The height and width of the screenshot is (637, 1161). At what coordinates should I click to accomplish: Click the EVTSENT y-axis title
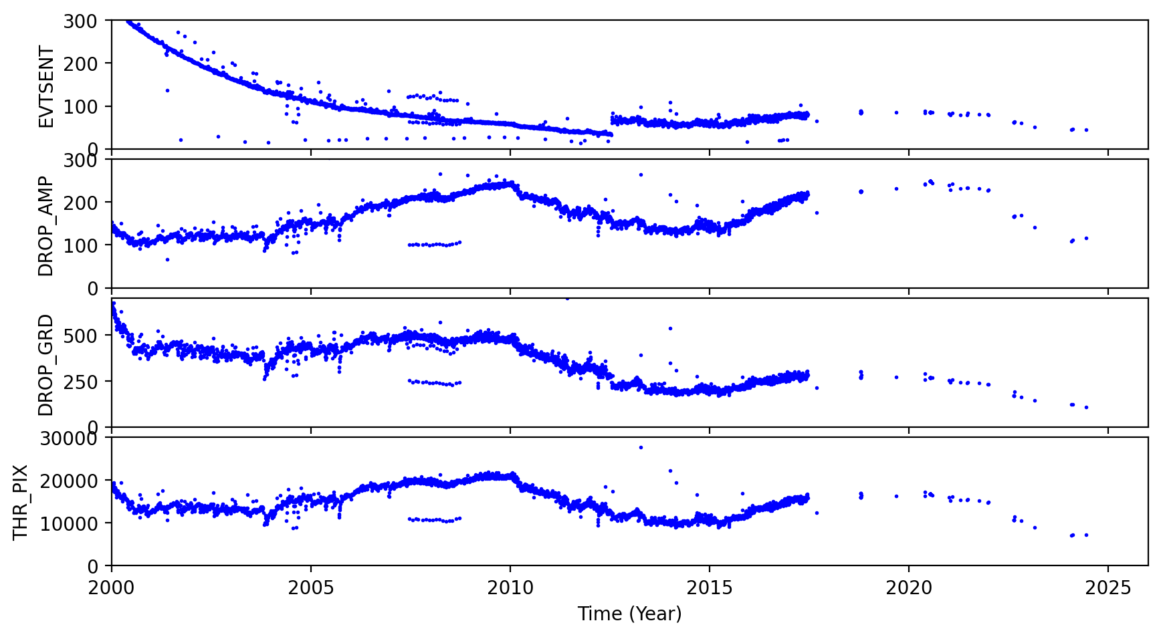45,86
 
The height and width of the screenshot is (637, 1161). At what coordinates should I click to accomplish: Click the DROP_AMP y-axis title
45,226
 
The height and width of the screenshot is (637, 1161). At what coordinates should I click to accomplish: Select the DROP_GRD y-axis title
45,364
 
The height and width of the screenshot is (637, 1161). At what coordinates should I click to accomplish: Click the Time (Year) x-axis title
629,614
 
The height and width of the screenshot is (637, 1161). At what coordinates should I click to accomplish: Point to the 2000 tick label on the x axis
112,588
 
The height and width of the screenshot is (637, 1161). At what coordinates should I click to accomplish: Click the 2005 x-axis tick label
311,588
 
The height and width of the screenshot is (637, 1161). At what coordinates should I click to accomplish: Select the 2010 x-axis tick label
510,588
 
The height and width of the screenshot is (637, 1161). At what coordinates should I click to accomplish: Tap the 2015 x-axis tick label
710,588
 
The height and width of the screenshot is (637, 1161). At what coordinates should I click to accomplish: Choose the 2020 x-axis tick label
909,588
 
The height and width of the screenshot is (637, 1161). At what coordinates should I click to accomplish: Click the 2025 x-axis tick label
1108,588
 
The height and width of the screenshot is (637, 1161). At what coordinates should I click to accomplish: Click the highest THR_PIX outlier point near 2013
641,447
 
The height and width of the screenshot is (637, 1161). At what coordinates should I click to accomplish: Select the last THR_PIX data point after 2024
1086,535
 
